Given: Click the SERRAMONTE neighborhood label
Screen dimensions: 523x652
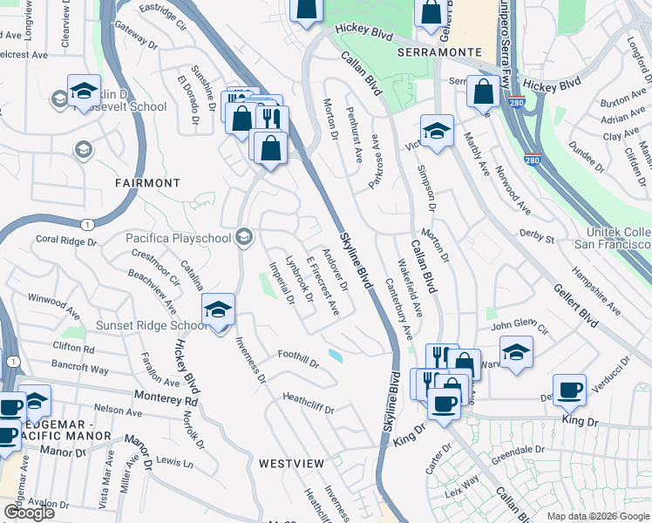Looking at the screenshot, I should click(x=439, y=51).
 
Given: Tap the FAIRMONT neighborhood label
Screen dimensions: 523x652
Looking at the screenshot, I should click(x=147, y=183).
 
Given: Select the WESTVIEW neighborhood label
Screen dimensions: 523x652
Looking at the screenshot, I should click(x=291, y=463).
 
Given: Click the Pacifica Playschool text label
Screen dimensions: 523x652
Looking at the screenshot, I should click(x=179, y=237).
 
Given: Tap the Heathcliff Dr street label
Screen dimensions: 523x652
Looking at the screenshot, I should click(x=309, y=402).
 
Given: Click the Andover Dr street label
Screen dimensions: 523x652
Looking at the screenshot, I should click(x=335, y=272).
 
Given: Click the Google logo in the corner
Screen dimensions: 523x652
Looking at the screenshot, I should click(x=29, y=512).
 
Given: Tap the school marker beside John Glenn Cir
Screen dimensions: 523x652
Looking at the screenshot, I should click(x=517, y=352).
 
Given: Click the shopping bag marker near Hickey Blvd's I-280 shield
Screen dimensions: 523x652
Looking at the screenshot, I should click(x=482, y=91).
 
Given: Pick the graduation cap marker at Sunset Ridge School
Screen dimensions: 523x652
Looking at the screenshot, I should click(x=218, y=309).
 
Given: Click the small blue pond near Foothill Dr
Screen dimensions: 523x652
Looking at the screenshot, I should click(x=336, y=355).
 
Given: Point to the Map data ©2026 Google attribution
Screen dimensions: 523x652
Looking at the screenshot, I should click(x=598, y=516).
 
